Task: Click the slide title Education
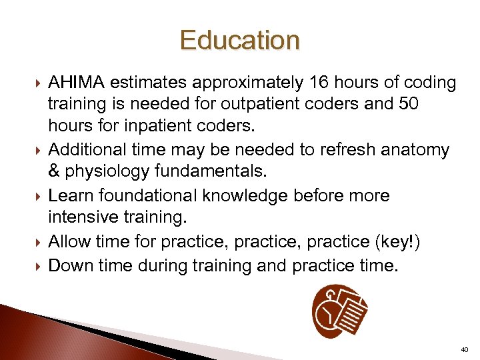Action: (x=239, y=41)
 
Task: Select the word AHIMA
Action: (x=76, y=83)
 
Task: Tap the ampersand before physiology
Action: (x=55, y=173)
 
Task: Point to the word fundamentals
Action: (x=211, y=173)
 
